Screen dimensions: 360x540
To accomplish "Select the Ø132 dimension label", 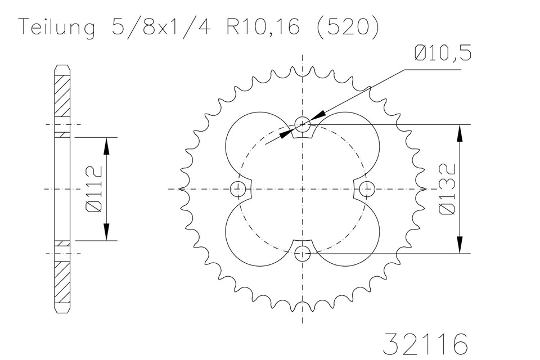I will point(447,188).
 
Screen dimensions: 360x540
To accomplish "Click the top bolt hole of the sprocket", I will point(303,123).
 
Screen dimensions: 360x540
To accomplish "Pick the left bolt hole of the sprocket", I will point(238,188).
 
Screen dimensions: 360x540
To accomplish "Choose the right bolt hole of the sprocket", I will point(368,188).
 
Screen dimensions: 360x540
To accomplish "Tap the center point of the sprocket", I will point(303,188).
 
